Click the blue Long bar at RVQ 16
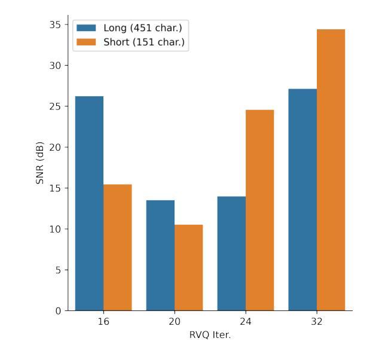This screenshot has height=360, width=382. click(x=89, y=203)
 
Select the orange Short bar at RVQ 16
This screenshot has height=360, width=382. click(x=117, y=248)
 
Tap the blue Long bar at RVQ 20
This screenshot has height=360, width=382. click(x=160, y=255)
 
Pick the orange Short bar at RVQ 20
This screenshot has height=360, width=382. click(x=188, y=267)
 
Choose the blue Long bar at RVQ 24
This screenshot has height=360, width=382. click(x=231, y=254)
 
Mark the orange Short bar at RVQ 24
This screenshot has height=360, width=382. click(x=259, y=210)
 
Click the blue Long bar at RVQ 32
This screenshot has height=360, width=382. click(x=302, y=200)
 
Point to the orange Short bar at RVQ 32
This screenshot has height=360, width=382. click(x=331, y=170)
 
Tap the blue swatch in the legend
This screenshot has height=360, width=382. click(x=87, y=29)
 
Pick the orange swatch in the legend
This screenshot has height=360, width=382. click(x=87, y=42)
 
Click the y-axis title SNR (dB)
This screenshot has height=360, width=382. click(x=41, y=163)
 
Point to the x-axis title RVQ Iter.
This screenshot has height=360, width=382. click(x=210, y=335)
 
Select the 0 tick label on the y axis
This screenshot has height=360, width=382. click(x=59, y=311)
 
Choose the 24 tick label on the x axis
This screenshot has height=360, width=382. click(x=245, y=322)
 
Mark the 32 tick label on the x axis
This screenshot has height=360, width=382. click(x=316, y=322)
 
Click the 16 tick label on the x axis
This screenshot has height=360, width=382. click(x=103, y=322)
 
